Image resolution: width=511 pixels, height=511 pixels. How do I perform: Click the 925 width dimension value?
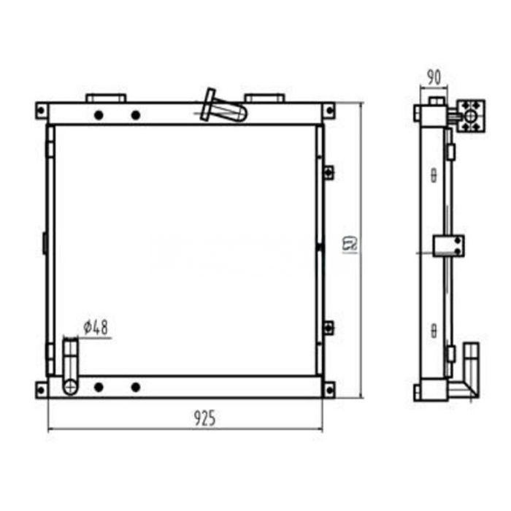tap(204, 418)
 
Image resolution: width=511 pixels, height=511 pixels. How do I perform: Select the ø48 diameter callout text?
tap(96, 328)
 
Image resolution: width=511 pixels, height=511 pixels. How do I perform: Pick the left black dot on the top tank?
tap(99, 115)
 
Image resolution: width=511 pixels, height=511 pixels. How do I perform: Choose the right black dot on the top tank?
tap(135, 115)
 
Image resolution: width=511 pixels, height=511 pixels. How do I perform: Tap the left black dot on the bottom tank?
tap(99, 387)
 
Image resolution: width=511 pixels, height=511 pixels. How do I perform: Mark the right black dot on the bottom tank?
tap(135, 387)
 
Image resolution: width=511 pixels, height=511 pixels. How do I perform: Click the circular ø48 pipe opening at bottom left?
tap(70, 386)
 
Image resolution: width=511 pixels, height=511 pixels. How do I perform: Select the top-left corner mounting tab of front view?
tap(42, 110)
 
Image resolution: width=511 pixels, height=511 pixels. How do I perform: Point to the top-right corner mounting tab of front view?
tap(329, 110)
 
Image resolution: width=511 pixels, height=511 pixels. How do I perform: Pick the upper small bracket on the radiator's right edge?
tap(328, 172)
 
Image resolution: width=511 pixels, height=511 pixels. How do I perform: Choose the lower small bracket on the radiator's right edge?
tap(328, 326)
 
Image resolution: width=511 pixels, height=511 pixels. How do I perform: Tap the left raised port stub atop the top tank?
tap(106, 98)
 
